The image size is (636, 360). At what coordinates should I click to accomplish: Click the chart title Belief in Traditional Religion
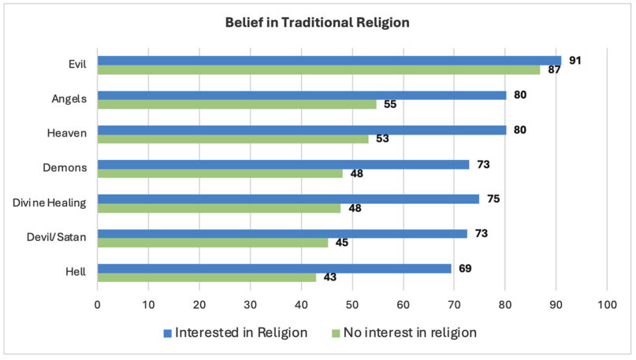[318, 23]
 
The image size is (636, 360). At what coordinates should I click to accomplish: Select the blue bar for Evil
[329, 61]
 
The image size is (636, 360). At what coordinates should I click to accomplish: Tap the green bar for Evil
[318, 69]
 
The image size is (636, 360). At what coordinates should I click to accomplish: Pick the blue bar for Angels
[301, 95]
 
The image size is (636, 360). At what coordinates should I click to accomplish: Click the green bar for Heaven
[232, 139]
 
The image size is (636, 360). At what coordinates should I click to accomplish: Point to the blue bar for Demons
[283, 165]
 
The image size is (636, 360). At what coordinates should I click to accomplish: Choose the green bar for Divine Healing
[219, 208]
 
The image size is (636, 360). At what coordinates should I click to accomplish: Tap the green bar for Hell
[206, 276]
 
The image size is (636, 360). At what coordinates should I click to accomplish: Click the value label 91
[575, 61]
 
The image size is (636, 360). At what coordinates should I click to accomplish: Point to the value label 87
[554, 70]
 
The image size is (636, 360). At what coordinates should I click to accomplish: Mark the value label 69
[464, 269]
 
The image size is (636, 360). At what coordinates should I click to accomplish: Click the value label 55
[390, 105]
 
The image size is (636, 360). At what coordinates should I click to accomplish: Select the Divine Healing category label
[50, 203]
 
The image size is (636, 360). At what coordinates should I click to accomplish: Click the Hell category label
[76, 273]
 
